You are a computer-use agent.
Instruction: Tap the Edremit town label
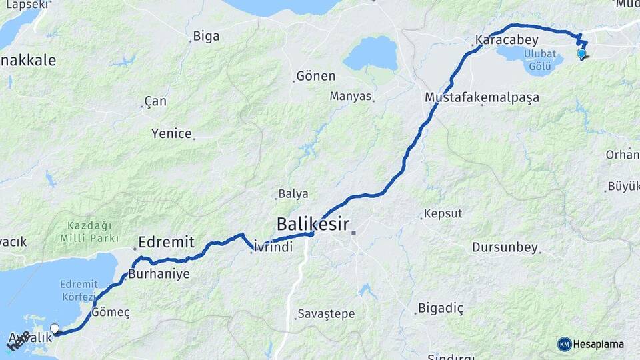[x=166, y=241]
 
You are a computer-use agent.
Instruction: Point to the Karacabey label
[x=507, y=40]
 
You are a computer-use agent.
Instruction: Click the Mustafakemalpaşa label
[x=481, y=97]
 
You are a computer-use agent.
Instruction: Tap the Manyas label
[x=350, y=96]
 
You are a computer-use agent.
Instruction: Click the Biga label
[x=205, y=36]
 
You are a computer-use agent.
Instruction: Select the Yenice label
[x=171, y=133]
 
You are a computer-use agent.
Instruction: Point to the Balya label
[x=293, y=194]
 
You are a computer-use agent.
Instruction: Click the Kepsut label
[x=443, y=213]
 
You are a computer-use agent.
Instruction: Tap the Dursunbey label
[x=504, y=247]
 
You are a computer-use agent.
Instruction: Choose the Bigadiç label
[x=440, y=308]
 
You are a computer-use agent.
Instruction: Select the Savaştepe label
[x=326, y=313]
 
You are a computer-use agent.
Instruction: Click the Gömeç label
[x=110, y=312]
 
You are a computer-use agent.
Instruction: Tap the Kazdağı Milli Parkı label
[x=89, y=232]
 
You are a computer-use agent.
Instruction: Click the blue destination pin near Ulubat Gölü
[x=581, y=54]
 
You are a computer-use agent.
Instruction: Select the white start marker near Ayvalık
[x=54, y=328]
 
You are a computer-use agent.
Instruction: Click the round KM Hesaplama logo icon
[x=564, y=344]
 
